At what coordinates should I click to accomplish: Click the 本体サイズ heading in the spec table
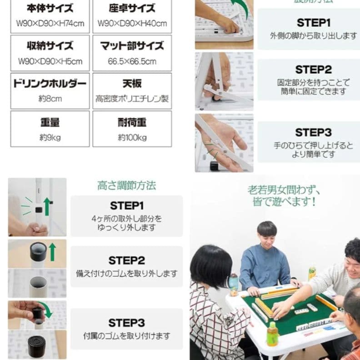pos(50,8)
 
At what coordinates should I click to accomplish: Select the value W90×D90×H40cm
pos(132,23)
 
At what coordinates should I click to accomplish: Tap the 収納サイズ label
pos(50,46)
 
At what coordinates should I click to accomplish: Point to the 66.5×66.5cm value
pos(132,61)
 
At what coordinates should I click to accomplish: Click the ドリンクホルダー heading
pos(50,84)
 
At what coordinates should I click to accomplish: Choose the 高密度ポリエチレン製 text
pos(132,99)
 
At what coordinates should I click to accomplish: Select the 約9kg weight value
pos(50,137)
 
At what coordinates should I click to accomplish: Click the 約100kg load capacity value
pos(132,137)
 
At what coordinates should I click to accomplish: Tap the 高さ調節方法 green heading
pos(126,185)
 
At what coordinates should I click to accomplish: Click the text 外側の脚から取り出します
pos(313,36)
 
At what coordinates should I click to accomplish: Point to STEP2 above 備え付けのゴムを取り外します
pos(126,260)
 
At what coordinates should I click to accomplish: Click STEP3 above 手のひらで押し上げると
pos(313,132)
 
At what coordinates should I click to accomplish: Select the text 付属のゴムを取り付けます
pos(126,336)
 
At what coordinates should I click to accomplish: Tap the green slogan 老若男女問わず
pos(284,189)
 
